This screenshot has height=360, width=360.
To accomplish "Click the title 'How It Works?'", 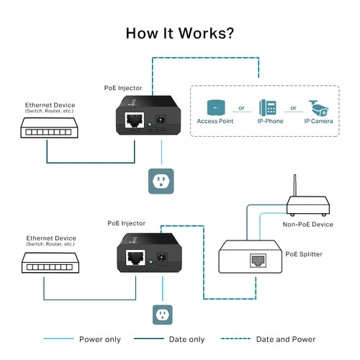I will click(x=179, y=33).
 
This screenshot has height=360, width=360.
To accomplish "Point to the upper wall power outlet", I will click(x=161, y=181).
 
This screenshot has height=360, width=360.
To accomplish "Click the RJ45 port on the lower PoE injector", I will click(x=132, y=256).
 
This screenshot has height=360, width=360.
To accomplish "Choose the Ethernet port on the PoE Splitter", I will click(x=256, y=261).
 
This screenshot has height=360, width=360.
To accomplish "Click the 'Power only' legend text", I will click(x=100, y=338).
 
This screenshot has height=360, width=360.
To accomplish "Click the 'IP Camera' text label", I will click(x=318, y=122).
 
